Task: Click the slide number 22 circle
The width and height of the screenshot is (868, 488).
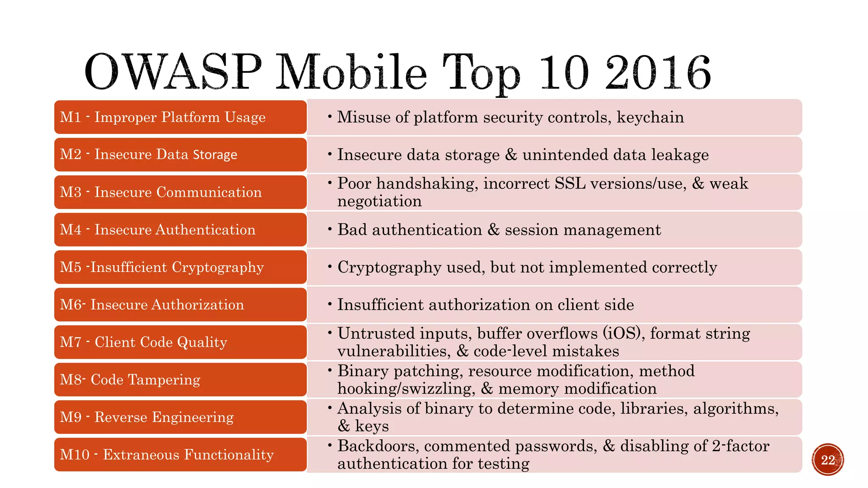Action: click(x=828, y=460)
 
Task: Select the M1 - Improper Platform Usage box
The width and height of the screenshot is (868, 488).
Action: click(x=180, y=117)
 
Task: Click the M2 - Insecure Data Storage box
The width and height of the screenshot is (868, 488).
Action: click(x=180, y=155)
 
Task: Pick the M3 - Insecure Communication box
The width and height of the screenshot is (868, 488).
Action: click(x=180, y=192)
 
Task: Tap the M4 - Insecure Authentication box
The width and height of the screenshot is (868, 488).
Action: click(x=180, y=230)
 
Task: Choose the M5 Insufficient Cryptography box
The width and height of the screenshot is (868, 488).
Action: click(x=180, y=267)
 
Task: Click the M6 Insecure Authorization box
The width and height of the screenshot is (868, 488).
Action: click(x=180, y=305)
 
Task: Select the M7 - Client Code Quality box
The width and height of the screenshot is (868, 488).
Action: click(x=180, y=342)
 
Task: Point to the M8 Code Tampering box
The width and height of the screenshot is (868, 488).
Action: click(x=180, y=380)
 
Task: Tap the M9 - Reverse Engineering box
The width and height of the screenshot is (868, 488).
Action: click(x=180, y=417)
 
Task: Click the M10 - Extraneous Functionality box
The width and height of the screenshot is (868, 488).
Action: click(x=180, y=455)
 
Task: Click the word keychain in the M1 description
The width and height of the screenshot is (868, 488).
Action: click(x=650, y=117)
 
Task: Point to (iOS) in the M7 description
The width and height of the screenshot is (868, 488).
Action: click(x=622, y=333)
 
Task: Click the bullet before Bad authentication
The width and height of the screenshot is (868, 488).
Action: click(x=330, y=229)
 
